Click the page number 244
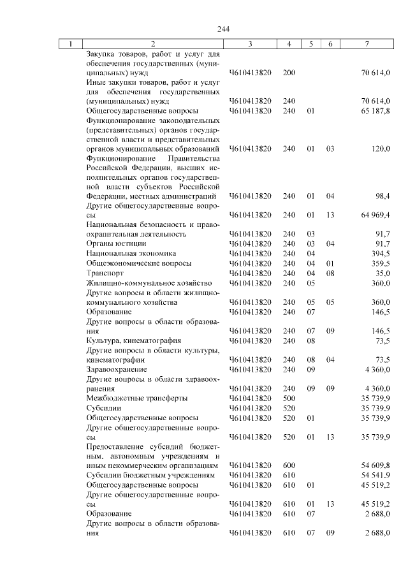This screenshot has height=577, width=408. click(223, 29)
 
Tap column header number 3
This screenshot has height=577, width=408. click(250, 44)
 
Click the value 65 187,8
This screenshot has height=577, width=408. click(375, 110)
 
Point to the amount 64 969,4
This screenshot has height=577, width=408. click(375, 215)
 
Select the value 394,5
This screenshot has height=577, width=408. click(381, 253)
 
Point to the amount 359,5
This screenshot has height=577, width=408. click(381, 263)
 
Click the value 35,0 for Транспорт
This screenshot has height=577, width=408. click(383, 273)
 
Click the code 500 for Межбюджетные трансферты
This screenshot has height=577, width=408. click(289, 398)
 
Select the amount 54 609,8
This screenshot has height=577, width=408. click(375, 465)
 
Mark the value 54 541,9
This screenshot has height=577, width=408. click(375, 475)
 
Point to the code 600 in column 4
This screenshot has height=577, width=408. click(289, 465)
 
